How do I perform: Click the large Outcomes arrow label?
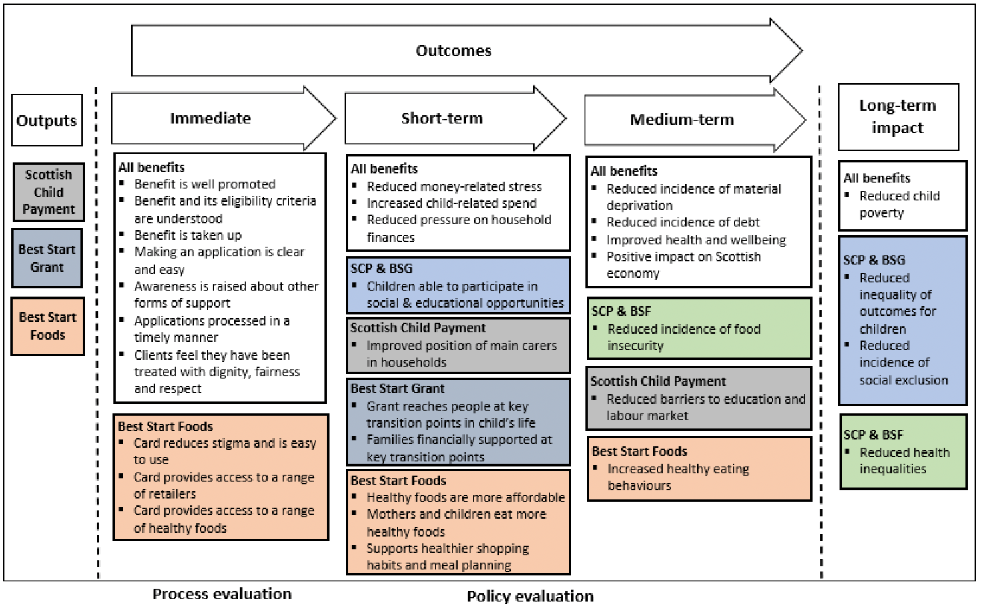[x=453, y=51]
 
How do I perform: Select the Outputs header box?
[x=47, y=121]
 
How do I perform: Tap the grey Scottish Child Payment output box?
[x=49, y=192]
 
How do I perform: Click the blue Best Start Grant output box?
[x=47, y=258]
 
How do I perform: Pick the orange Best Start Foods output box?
[x=47, y=326]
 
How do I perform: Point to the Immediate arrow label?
[x=210, y=119]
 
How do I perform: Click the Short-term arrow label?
[x=442, y=119]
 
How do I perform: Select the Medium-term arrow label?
[x=681, y=120]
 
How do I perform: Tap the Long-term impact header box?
[x=897, y=117]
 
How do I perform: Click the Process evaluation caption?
[x=222, y=594]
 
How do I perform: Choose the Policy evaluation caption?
[x=530, y=596]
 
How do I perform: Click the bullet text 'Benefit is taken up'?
[x=188, y=235]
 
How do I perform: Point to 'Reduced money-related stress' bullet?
[x=454, y=186]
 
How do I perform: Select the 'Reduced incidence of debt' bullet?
[x=683, y=222]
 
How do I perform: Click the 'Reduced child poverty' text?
[x=899, y=204]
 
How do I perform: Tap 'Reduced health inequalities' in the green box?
[x=904, y=460]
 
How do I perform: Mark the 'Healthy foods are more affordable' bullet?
[x=466, y=497]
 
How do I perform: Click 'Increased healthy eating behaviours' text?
[x=677, y=477]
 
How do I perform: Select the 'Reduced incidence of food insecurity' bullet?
[x=683, y=337]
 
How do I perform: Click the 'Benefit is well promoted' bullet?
[x=204, y=184]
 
